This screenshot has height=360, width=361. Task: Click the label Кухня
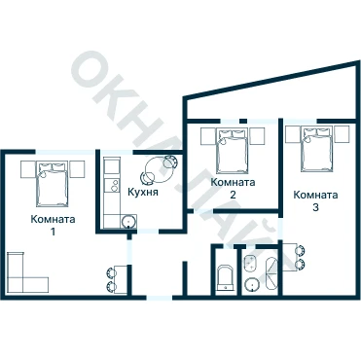[x=143, y=192]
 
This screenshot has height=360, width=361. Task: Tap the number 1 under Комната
[x=53, y=232]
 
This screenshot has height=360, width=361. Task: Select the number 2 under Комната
[x=233, y=195]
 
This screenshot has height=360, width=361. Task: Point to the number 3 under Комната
[x=315, y=207]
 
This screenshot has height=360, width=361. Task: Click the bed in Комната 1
[x=53, y=184]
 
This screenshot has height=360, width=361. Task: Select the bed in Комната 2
[x=233, y=150]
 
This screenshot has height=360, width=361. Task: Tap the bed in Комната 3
[x=317, y=149]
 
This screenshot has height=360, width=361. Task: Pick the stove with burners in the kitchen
[x=112, y=187]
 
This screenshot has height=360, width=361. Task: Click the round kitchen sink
[x=128, y=222]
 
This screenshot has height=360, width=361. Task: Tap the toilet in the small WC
[x=225, y=278]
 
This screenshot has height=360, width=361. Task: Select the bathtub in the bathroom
[x=271, y=274]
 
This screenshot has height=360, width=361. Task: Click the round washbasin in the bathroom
[x=251, y=285]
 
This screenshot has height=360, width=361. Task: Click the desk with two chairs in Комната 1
[x=117, y=279]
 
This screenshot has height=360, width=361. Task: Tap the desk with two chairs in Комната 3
[x=294, y=257]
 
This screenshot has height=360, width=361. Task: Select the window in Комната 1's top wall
[x=66, y=151]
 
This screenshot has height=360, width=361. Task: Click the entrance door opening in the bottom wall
[x=160, y=298]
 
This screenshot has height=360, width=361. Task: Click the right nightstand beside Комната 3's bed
[x=342, y=134]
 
